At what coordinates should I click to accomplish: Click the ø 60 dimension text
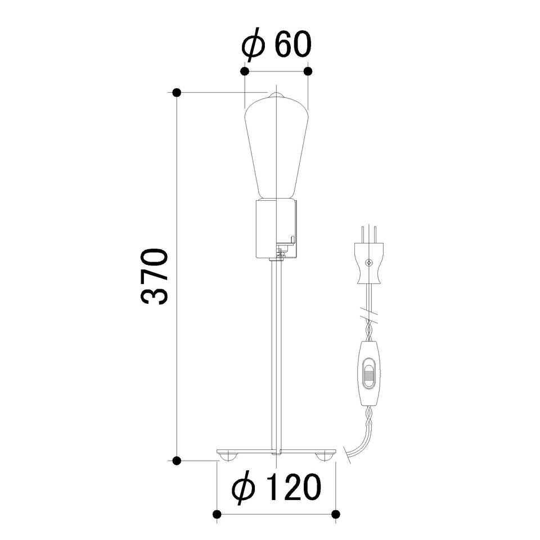tap(276, 45)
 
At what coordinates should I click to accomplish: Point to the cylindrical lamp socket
tap(276, 229)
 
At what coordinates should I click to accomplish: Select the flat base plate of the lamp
tap(276, 452)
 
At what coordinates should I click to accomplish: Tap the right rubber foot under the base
tap(324, 457)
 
